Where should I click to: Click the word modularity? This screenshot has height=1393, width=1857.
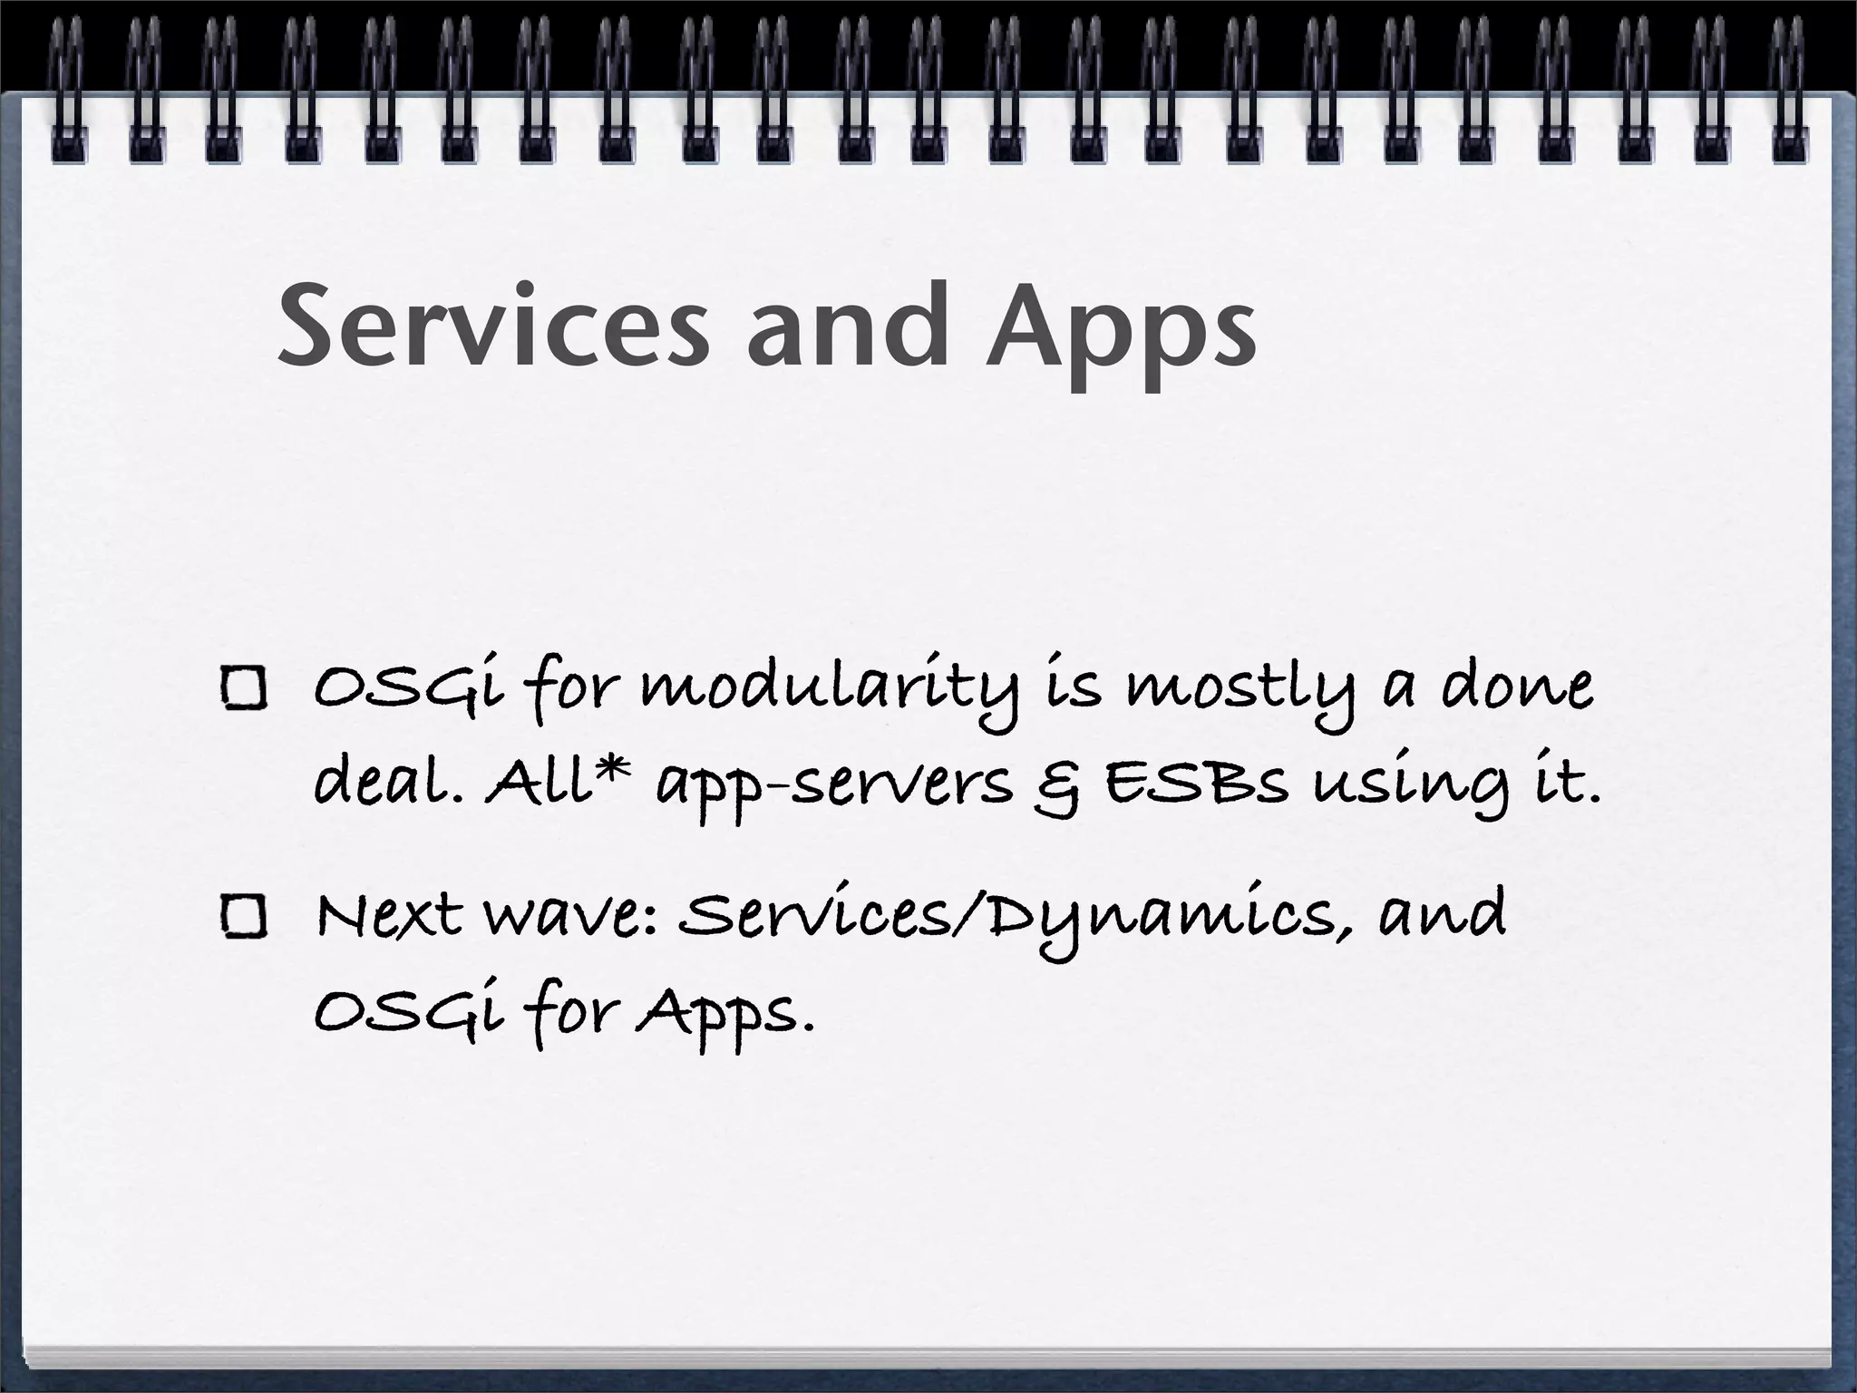click(x=831, y=689)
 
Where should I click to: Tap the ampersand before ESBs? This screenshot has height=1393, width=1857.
click(x=1056, y=785)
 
